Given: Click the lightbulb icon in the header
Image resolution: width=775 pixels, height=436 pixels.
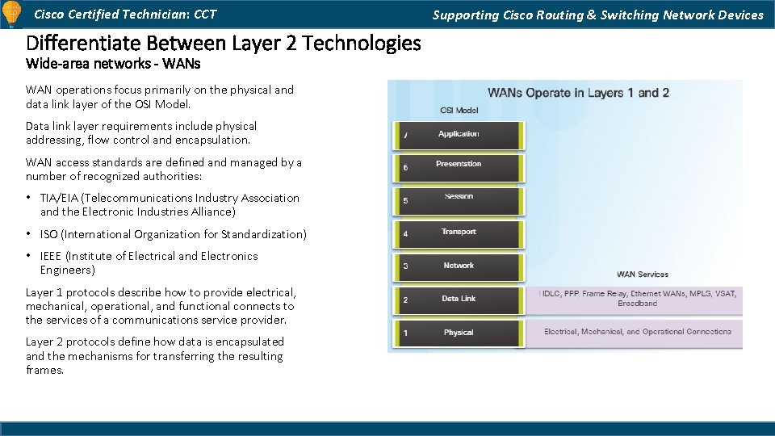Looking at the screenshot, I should (12, 14).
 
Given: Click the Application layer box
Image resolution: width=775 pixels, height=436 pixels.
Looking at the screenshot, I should (459, 136).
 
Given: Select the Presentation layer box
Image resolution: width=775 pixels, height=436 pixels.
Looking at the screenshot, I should (459, 167).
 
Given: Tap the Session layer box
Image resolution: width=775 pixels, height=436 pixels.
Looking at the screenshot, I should (459, 199).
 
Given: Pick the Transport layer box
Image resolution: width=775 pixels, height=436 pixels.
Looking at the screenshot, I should (459, 233).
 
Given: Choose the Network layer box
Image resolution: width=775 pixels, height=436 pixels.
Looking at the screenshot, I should (459, 266).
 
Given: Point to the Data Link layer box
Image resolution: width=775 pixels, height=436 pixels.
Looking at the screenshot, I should (459, 300).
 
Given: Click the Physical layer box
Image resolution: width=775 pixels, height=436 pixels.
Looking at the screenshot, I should (459, 333).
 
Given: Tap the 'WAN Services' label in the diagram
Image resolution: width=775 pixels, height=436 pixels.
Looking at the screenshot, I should (642, 275).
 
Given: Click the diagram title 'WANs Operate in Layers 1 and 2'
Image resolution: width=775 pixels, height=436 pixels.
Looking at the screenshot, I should (578, 93).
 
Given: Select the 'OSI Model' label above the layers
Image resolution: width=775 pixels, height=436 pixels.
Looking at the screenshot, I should (459, 111).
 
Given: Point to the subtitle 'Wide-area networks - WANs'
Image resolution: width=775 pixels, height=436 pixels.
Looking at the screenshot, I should (113, 63).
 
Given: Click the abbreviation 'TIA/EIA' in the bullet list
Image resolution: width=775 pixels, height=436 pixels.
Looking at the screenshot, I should (59, 198).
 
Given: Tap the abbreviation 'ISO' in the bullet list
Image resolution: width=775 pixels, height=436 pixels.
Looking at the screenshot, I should (49, 234).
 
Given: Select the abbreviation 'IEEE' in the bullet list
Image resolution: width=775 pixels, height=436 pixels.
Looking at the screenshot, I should (52, 256).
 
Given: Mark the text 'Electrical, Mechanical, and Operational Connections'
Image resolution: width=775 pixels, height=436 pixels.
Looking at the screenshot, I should (637, 332).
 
